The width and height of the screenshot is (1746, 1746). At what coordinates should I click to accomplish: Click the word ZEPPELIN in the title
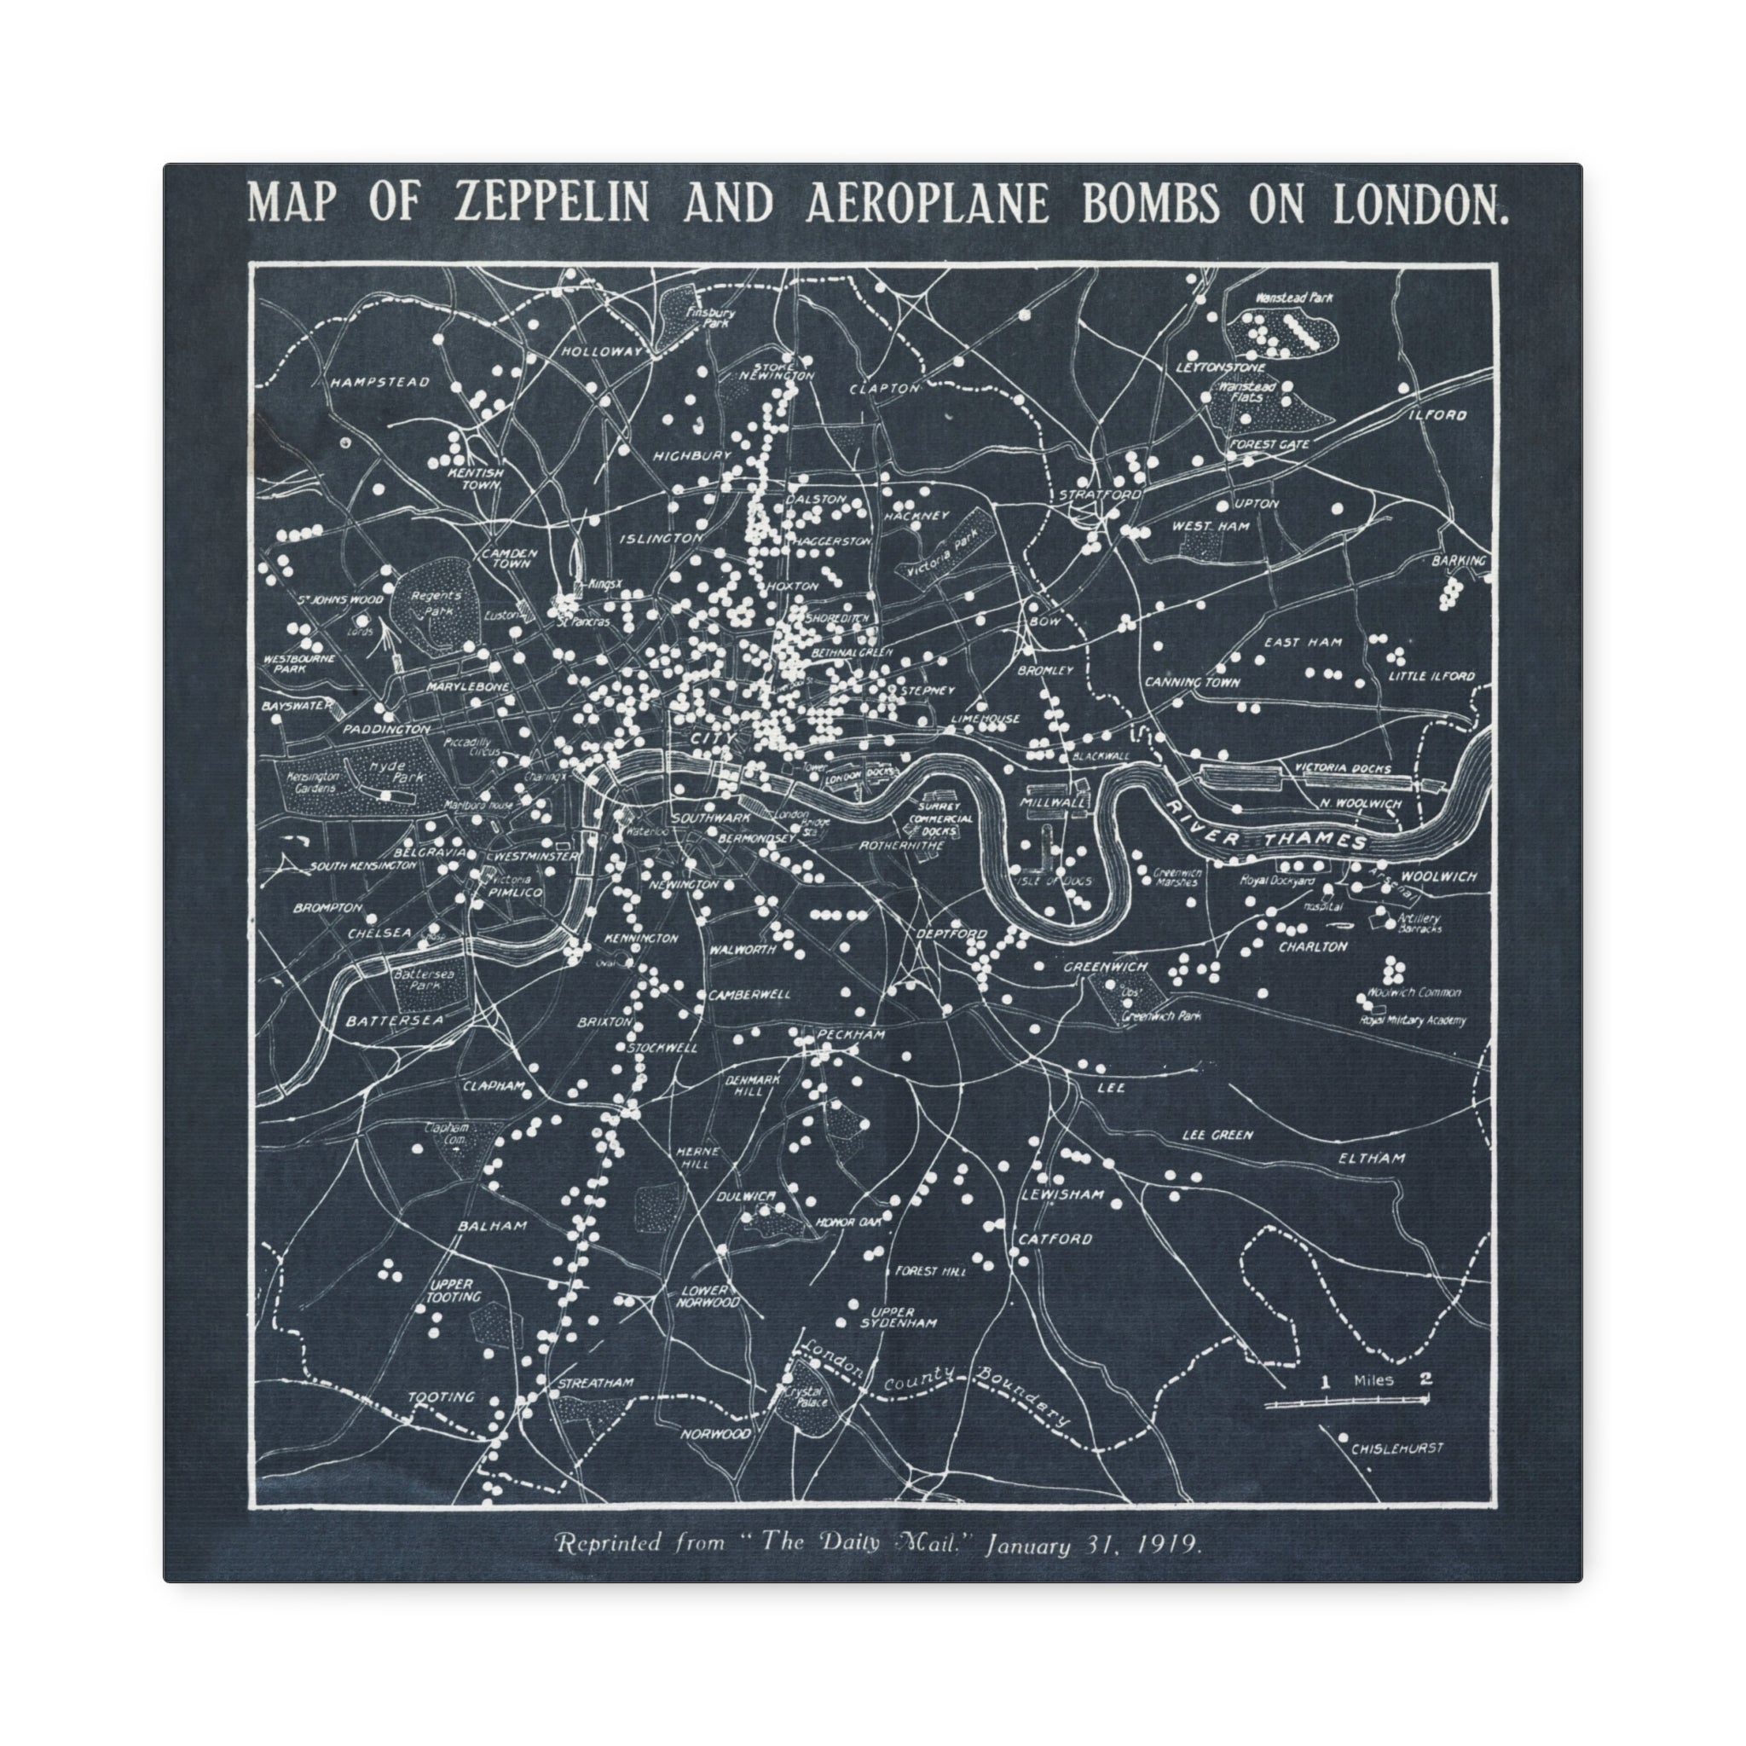pyautogui.click(x=552, y=204)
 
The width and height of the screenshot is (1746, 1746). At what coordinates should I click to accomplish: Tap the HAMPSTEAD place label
pyautogui.click(x=379, y=382)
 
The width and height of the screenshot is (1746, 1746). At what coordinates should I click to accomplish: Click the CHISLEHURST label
pyautogui.click(x=1396, y=1448)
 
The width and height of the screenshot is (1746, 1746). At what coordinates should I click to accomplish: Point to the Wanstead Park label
pyautogui.click(x=1293, y=297)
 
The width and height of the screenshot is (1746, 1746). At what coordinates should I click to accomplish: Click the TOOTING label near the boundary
pyautogui.click(x=441, y=1396)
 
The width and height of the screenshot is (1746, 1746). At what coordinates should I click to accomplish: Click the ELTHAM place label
pyautogui.click(x=1372, y=1158)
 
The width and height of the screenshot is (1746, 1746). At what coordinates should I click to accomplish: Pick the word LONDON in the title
pyautogui.click(x=1420, y=204)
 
